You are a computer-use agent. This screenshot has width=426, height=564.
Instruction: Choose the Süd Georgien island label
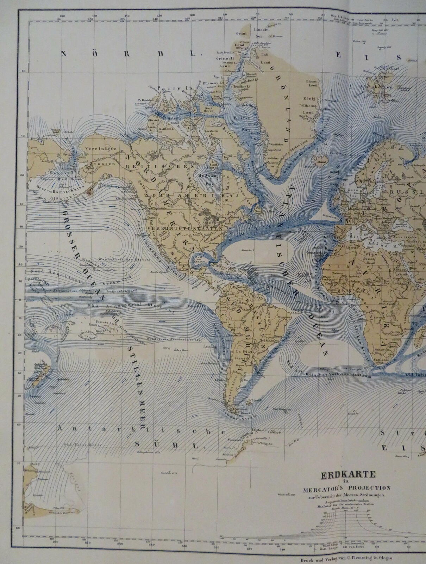tap(283, 409)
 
